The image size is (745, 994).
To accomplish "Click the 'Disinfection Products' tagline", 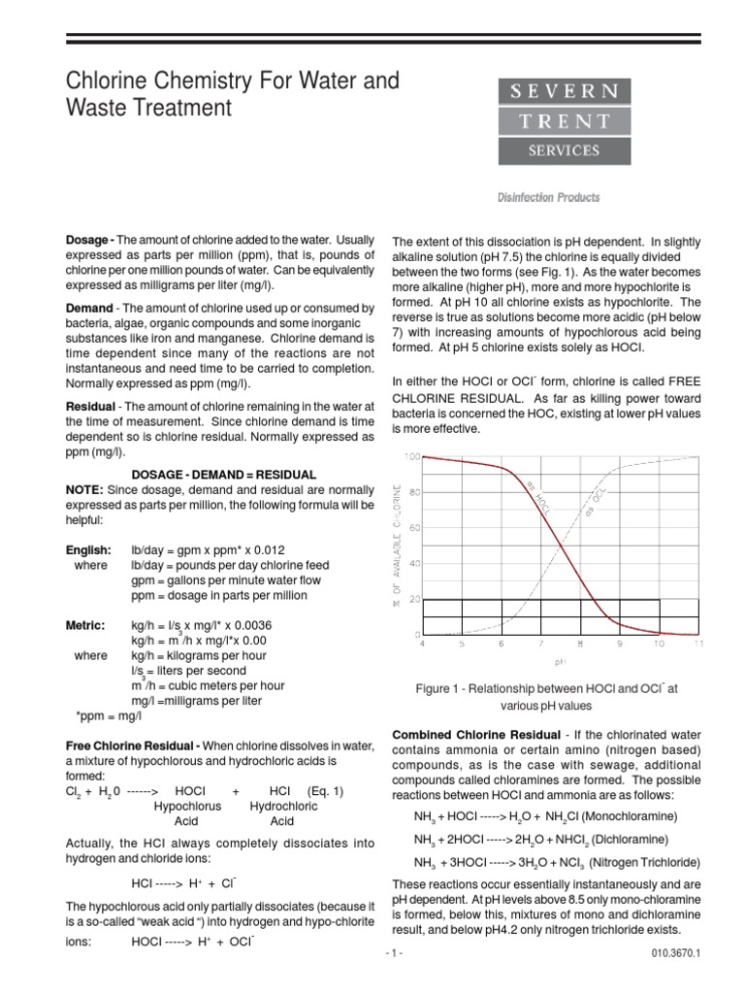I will pos(550,197).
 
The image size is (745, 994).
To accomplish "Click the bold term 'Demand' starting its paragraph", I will pos(88,309).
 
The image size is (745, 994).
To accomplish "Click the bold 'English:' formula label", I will pos(88,549).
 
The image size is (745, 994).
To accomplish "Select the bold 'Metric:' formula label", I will pos(85,625).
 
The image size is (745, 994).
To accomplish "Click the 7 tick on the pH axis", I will pos(539,644).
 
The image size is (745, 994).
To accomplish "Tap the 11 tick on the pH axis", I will pos(698,644).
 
